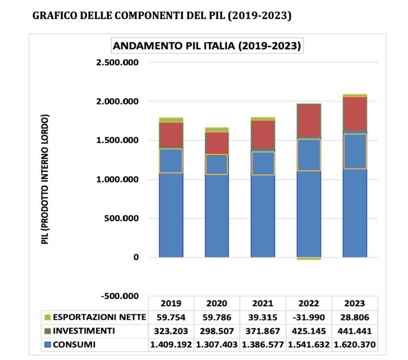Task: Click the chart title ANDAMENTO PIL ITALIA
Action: pyautogui.click(x=207, y=45)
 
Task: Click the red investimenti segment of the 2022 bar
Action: pyautogui.click(x=309, y=120)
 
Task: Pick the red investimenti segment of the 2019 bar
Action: pyautogui.click(x=171, y=135)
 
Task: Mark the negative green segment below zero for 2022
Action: pyautogui.click(x=309, y=259)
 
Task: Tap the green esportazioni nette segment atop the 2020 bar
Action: pyautogui.click(x=217, y=130)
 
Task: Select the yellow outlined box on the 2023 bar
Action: pyautogui.click(x=355, y=151)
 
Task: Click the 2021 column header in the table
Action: pyautogui.click(x=263, y=303)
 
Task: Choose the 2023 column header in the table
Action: pyautogui.click(x=354, y=303)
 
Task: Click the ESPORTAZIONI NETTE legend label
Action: pyautogui.click(x=100, y=317)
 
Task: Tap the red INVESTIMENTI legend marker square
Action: pyautogui.click(x=48, y=331)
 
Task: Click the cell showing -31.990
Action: pyautogui.click(x=308, y=317)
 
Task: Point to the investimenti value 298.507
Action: pyautogui.click(x=217, y=331)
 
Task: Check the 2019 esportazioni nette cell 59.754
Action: pyautogui.click(x=171, y=317)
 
